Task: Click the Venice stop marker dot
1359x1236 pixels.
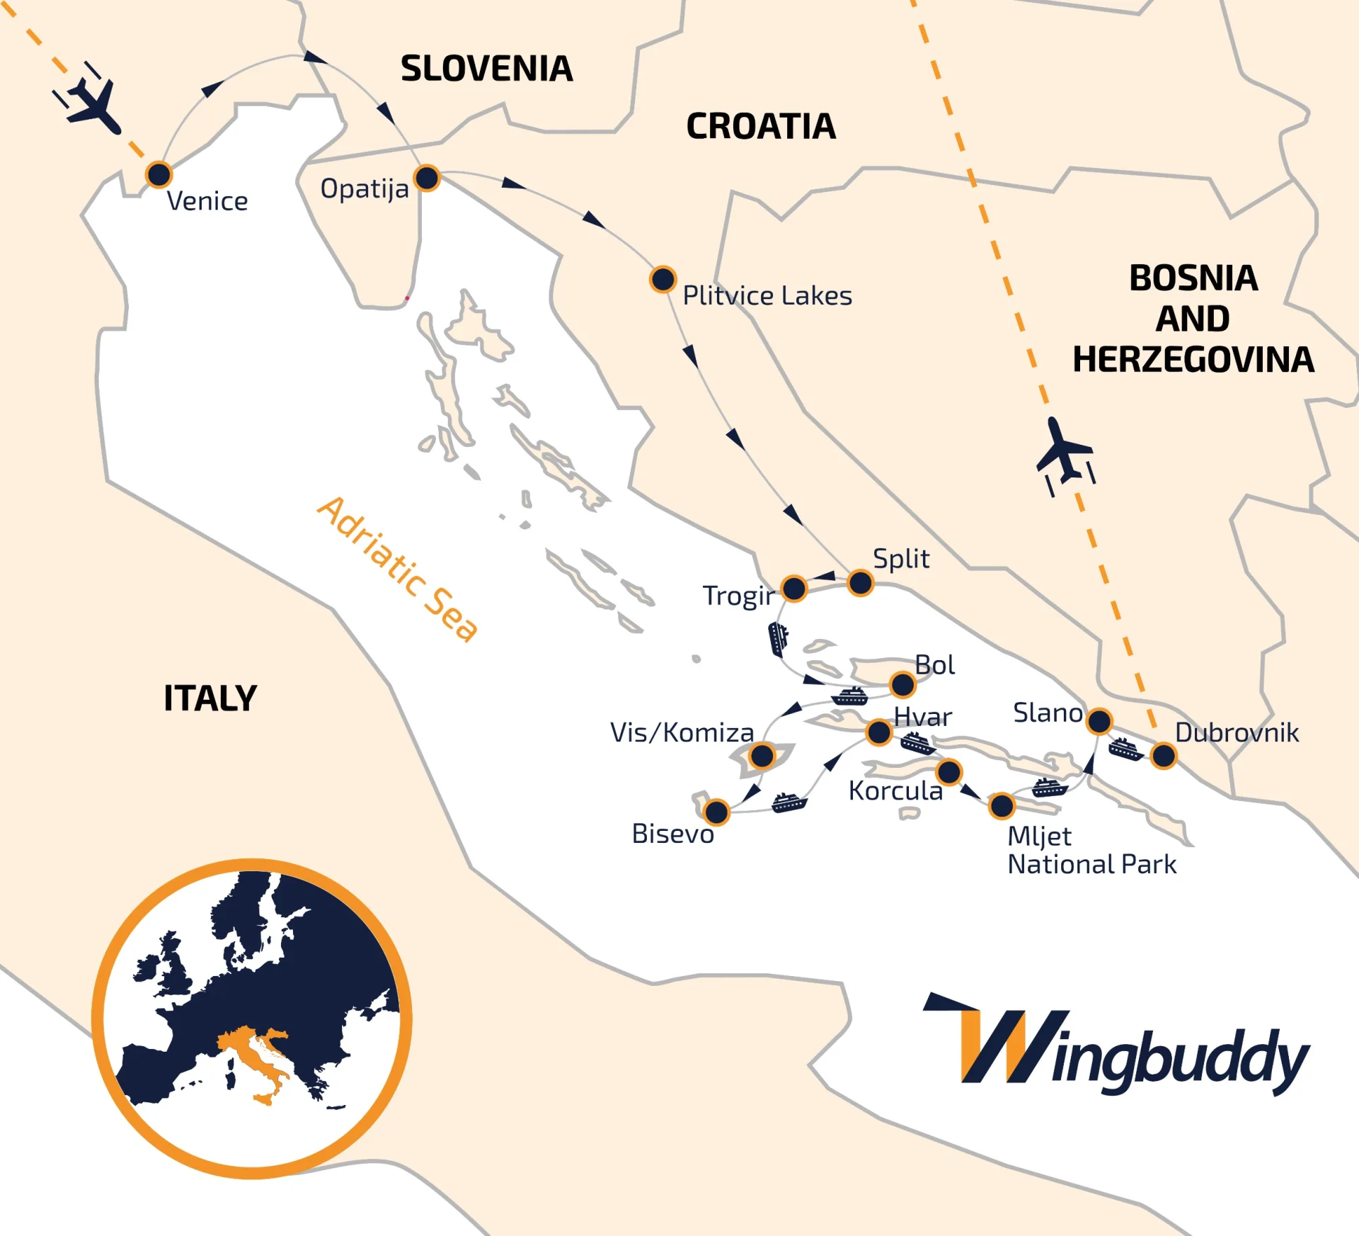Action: click(x=159, y=174)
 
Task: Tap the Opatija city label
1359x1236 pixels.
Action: click(x=365, y=189)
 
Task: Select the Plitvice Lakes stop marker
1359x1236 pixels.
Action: click(x=663, y=279)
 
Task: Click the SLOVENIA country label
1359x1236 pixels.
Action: click(x=486, y=69)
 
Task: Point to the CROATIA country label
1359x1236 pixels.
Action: click(x=761, y=127)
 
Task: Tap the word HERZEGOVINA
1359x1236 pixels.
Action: click(x=1193, y=360)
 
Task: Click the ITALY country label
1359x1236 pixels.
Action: click(x=210, y=698)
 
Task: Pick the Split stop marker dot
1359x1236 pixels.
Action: click(x=861, y=583)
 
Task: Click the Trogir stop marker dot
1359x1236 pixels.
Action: click(x=794, y=588)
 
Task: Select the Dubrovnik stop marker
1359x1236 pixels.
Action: click(x=1164, y=755)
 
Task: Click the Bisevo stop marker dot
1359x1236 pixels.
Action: click(x=716, y=812)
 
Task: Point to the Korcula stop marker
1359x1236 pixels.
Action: click(x=948, y=771)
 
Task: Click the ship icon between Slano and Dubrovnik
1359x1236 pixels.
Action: click(x=1125, y=749)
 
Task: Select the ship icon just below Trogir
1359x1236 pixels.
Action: click(x=778, y=638)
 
